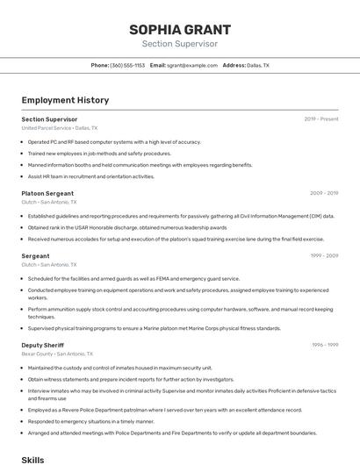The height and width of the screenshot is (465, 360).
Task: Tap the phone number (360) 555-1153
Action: point(127,65)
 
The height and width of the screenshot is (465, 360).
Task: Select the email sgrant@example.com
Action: point(192,65)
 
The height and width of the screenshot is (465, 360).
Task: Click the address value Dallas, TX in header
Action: point(258,65)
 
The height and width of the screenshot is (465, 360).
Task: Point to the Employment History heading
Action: point(65,101)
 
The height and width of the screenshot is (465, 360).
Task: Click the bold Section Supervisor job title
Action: point(49,118)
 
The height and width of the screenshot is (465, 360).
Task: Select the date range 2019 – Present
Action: point(321,118)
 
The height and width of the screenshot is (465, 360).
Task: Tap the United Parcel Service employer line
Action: point(59,128)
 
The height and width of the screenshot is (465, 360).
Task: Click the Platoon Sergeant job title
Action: point(47,193)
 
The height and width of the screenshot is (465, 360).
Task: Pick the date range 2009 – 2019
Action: point(324,193)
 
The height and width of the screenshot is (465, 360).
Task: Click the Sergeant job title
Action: point(35,255)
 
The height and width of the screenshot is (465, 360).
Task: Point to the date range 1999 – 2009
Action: point(324,255)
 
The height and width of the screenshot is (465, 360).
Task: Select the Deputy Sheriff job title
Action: point(43,345)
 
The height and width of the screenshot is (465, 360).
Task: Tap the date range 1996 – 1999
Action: point(324,345)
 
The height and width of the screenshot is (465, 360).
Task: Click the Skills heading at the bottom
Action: point(32,459)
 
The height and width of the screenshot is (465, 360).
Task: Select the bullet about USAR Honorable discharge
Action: point(133,227)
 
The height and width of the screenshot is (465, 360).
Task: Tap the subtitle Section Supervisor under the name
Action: point(179,43)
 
